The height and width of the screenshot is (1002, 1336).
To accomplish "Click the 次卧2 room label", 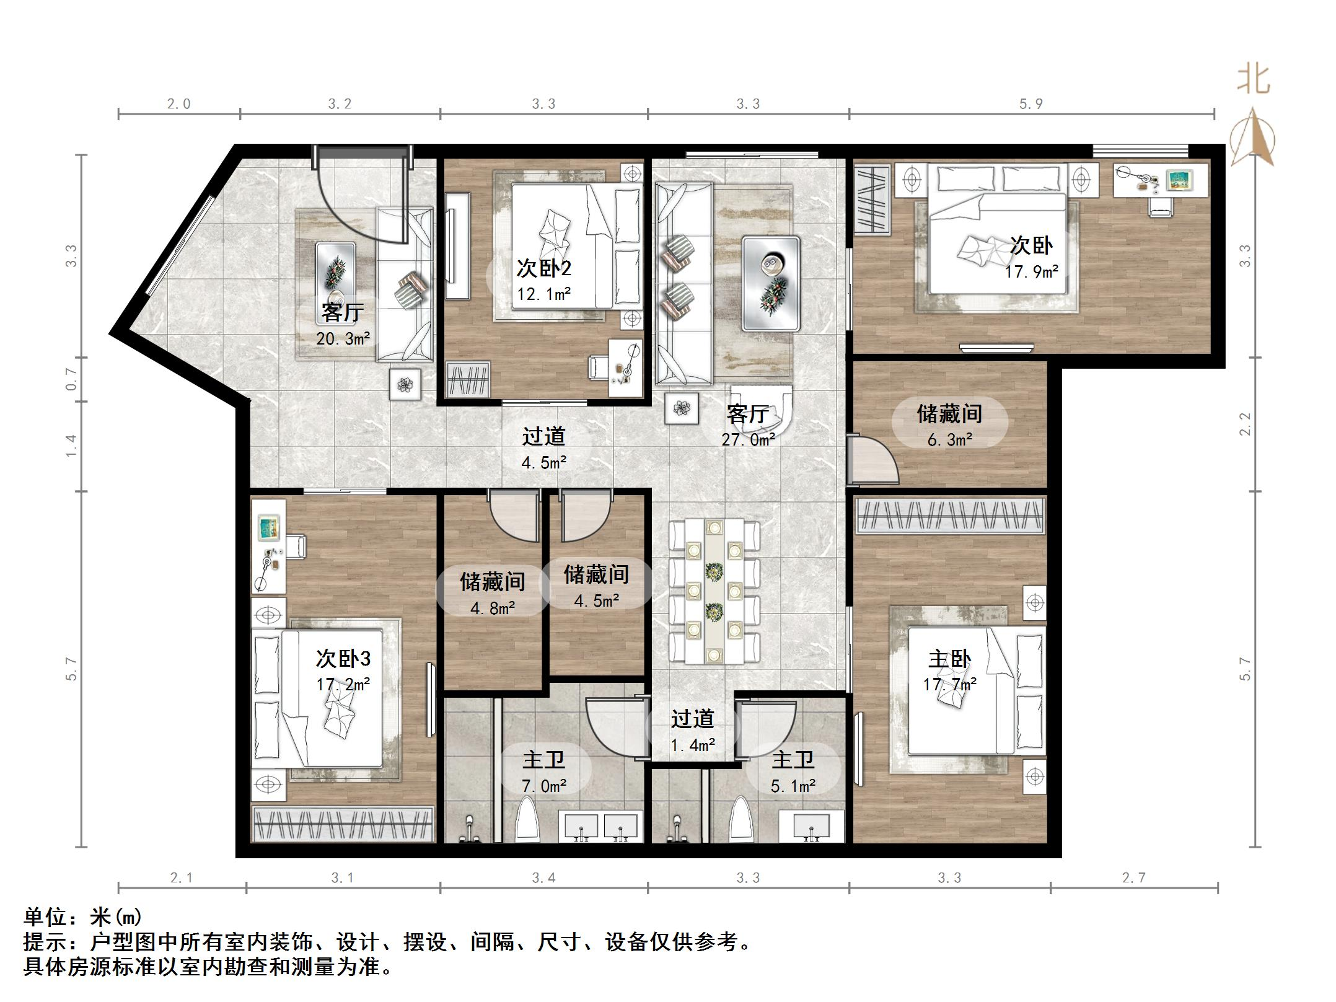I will tap(543, 268).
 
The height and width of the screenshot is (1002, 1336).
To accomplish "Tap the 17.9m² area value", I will tap(1031, 271).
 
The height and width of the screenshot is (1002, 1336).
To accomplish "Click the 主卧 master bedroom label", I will tap(949, 659).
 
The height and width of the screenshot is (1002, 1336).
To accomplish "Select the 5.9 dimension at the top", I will tap(1031, 104).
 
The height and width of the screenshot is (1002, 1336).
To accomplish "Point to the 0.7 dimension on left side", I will tap(72, 379).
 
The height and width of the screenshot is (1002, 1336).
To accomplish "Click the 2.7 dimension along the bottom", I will tap(1133, 877).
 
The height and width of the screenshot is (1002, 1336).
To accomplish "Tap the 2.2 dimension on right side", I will tap(1245, 424).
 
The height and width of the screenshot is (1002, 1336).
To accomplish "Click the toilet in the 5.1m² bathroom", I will tap(741, 819).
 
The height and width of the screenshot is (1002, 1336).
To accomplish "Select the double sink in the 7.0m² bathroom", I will tap(599, 827).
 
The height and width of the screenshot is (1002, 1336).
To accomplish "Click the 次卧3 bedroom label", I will tap(343, 658).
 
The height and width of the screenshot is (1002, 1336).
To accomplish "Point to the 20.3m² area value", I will tap(343, 338).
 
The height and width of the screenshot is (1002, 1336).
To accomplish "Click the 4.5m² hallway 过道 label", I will tap(543, 436).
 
